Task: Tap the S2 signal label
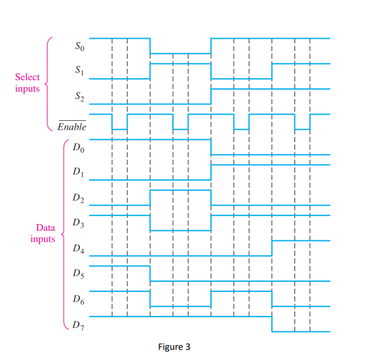click(x=79, y=99)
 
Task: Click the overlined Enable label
click(x=73, y=127)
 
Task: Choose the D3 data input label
click(x=79, y=223)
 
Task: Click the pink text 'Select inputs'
click(x=27, y=83)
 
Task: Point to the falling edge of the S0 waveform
click(x=150, y=46)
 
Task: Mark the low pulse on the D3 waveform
click(x=180, y=230)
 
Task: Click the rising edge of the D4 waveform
click(x=272, y=248)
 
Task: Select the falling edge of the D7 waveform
click(x=272, y=324)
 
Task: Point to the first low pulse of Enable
click(x=119, y=128)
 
